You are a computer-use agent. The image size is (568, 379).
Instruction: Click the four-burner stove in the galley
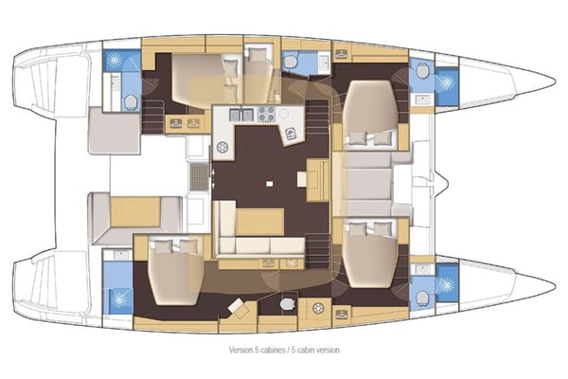[266, 115]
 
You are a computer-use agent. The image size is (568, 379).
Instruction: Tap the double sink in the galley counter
[242, 115]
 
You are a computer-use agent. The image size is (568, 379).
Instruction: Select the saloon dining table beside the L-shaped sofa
[258, 221]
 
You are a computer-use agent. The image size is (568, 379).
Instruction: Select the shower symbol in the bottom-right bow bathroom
[444, 280]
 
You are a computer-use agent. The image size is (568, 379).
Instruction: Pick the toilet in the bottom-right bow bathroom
[421, 297]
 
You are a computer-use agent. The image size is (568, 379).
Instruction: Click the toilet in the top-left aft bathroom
[131, 102]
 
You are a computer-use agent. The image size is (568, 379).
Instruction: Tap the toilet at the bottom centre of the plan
[288, 304]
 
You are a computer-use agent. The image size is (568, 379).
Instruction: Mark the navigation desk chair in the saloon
[288, 134]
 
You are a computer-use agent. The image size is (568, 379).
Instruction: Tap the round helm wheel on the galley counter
[224, 148]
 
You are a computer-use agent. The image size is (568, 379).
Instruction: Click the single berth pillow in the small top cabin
[257, 56]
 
